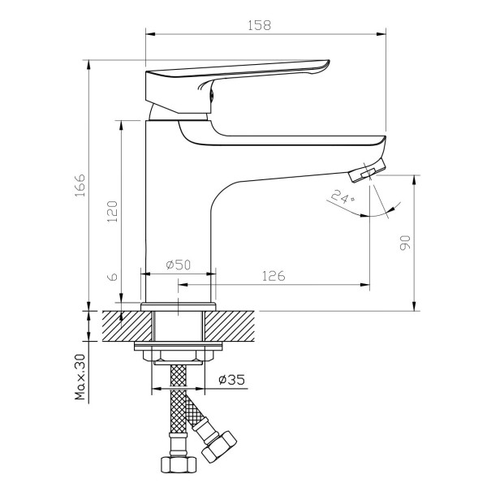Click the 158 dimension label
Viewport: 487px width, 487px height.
[x=259, y=25]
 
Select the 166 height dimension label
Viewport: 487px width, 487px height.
[x=80, y=185]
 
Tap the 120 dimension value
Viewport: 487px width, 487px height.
[x=112, y=211]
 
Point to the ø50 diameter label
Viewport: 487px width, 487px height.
[x=179, y=265]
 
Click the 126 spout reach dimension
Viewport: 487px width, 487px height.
[x=274, y=276]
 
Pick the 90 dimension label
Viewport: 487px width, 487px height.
[x=405, y=243]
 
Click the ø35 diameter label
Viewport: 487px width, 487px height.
[x=231, y=379]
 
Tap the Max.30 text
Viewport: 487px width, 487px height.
[x=80, y=377]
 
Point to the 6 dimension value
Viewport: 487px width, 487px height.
[x=114, y=277]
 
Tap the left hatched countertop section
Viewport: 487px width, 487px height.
[x=127, y=325]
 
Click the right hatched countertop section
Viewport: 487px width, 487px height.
[x=230, y=325]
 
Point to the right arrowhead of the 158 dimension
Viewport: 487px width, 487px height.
[x=381, y=34]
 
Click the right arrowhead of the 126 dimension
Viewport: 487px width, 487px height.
[x=365, y=285]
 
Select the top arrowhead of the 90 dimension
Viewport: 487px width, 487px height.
[x=414, y=180]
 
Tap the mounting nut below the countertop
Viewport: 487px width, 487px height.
[x=179, y=356]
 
